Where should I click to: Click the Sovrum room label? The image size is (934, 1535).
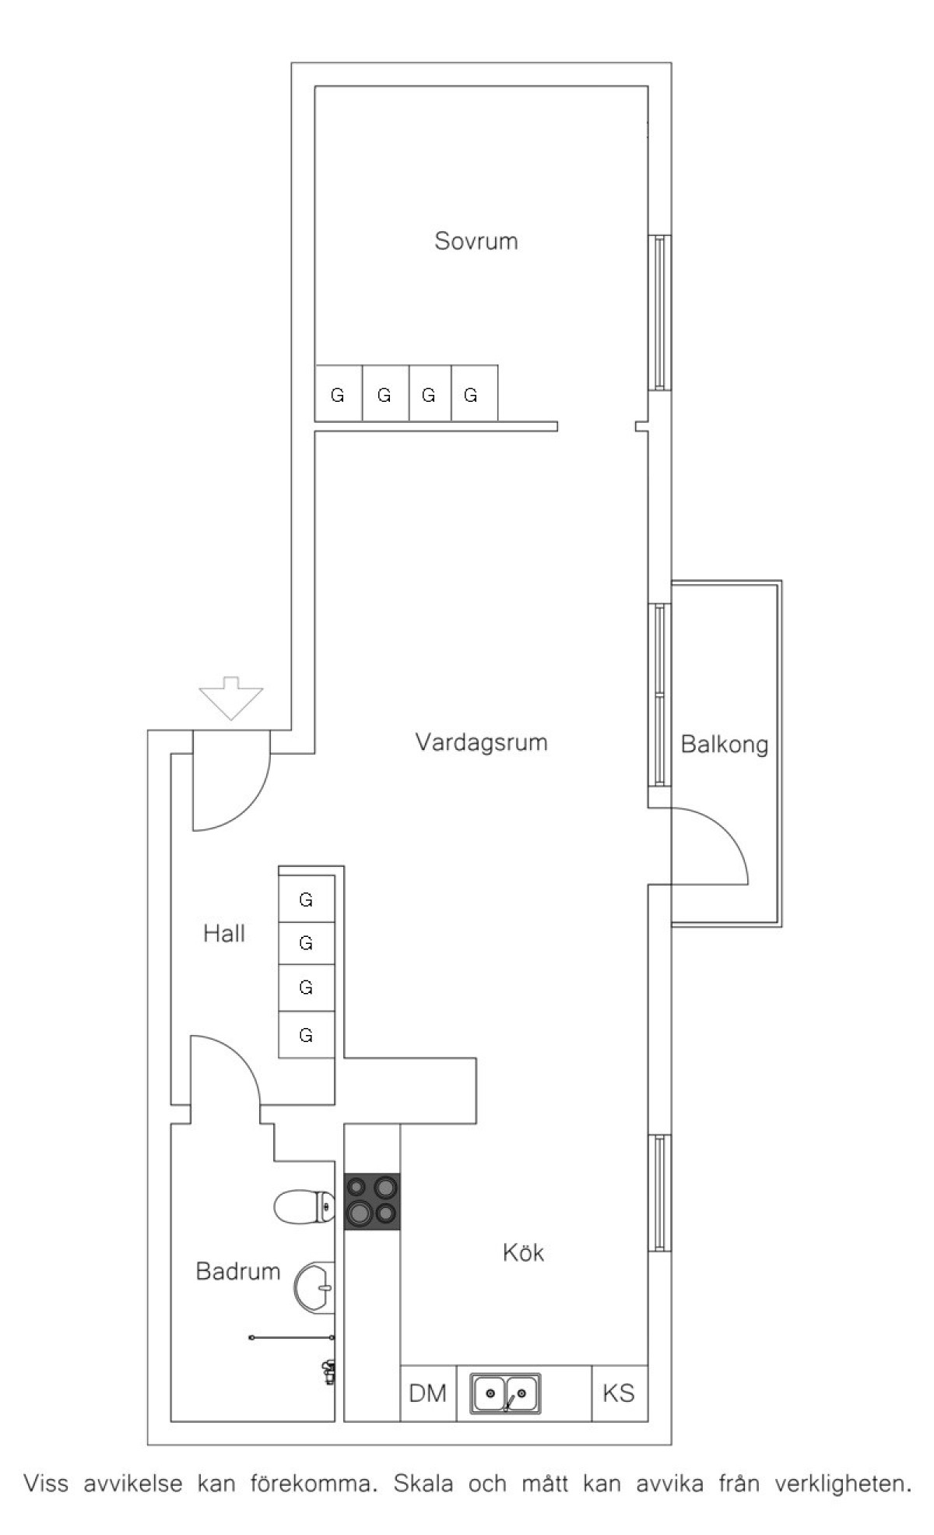476,241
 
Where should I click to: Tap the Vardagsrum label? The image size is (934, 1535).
481,741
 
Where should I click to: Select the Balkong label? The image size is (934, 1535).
724,745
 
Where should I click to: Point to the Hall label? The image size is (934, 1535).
224,933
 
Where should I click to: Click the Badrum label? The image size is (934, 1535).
237,1271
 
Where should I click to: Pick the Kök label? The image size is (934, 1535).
523,1252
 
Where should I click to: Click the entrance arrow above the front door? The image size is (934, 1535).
231,697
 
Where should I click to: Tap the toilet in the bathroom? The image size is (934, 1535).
304,1208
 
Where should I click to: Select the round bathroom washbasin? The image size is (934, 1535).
314,1287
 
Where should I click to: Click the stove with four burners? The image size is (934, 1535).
372,1202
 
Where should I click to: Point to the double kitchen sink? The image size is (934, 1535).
506,1392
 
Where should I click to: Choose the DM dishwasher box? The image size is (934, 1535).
428,1393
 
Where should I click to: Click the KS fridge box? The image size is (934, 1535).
620,1393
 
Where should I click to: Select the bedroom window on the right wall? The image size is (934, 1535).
660,312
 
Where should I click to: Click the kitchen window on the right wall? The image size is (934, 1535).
660,1193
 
